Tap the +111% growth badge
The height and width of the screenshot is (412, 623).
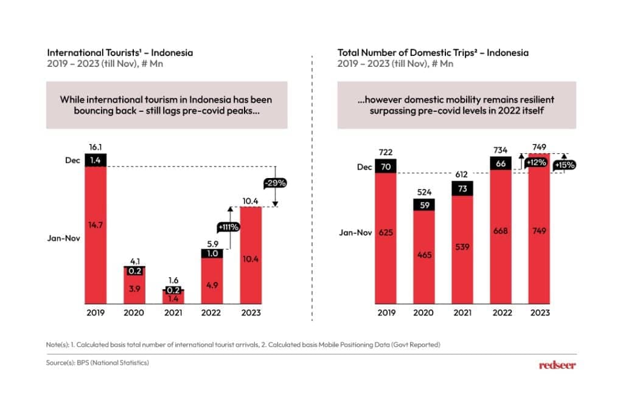(229, 227)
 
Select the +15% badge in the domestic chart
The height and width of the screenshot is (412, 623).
(564, 165)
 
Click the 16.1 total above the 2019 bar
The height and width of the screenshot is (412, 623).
(96, 147)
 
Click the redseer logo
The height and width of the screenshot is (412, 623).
(557, 365)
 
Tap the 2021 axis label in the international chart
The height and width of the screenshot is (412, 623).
(173, 312)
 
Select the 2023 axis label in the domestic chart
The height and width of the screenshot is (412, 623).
(539, 312)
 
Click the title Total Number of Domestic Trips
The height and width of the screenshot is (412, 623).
(433, 53)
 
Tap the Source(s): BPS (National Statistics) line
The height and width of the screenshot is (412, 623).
(97, 363)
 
